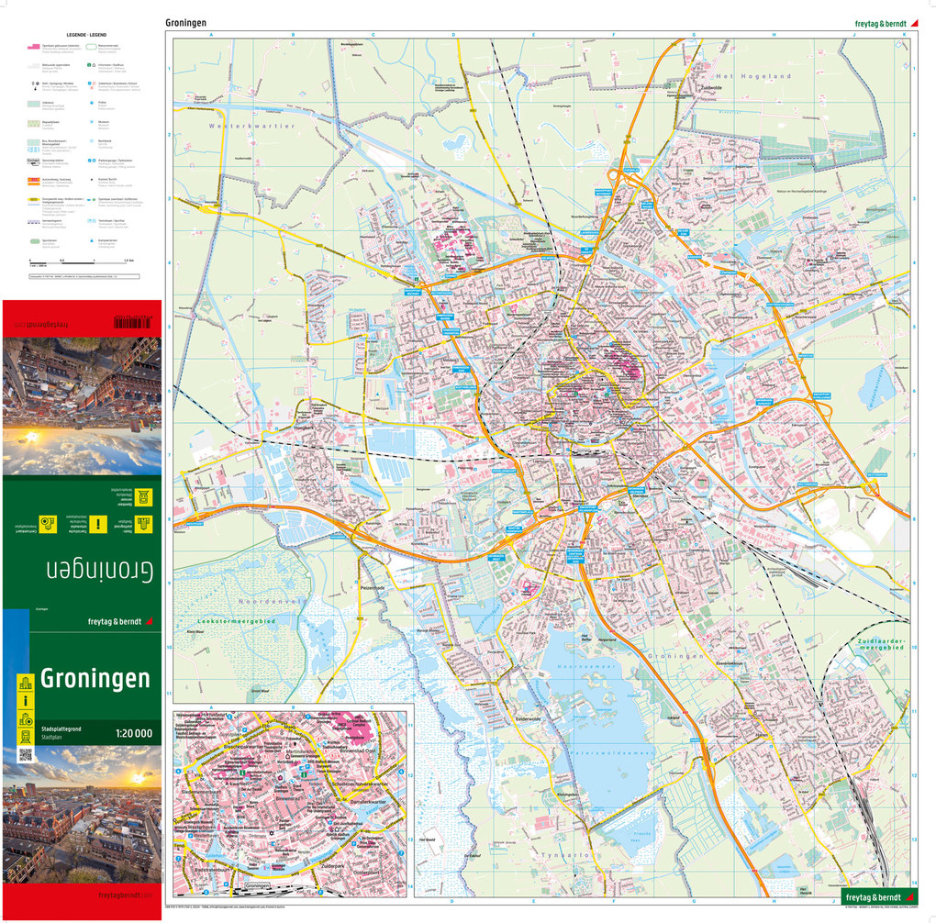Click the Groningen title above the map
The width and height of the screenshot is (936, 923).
click(185, 22)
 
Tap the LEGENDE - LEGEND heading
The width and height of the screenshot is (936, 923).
click(84, 34)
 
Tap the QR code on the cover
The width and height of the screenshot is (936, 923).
click(25, 755)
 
